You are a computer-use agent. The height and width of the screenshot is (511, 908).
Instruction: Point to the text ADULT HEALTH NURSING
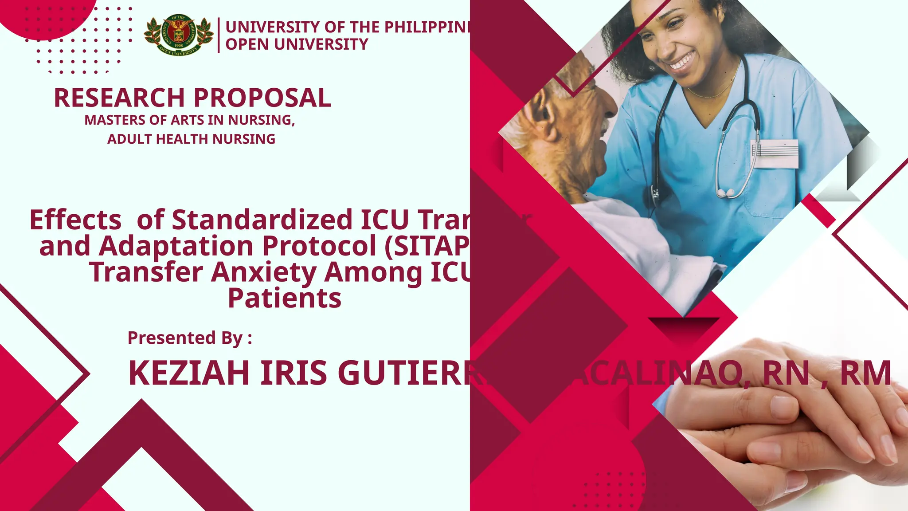coord(191,139)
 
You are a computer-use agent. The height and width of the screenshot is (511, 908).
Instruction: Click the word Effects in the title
coord(75,220)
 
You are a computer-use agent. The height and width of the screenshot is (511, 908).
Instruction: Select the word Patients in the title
coord(284,298)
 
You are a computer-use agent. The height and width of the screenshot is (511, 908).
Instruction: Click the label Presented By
coord(189,338)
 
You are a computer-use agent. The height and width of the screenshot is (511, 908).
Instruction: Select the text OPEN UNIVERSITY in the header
coord(297,44)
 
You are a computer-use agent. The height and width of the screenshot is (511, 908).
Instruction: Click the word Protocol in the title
coord(319,246)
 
